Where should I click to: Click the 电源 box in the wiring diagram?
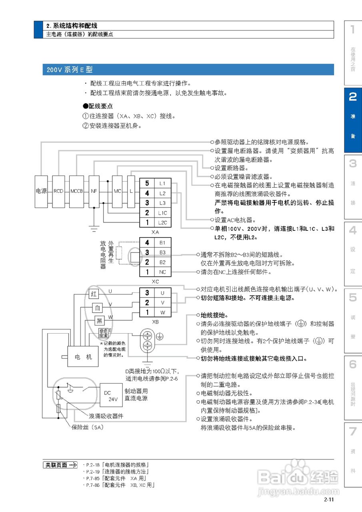pos(41,191)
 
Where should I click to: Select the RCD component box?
pos(58,191)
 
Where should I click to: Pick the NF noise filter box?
pos(94,191)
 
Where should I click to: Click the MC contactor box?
pos(117,191)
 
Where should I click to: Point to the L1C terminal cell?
pos(162,213)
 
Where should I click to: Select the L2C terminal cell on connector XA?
pos(162,222)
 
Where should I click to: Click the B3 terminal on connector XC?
pos(162,252)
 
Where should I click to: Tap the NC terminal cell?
pos(162,272)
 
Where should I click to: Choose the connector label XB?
pos(155,321)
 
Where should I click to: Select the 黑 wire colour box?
pos(100,321)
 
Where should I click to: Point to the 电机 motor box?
pos(83,356)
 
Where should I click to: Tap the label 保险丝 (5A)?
pos(87,428)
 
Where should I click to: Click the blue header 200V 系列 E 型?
pos(188,70)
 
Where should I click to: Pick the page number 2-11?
pos(329,499)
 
